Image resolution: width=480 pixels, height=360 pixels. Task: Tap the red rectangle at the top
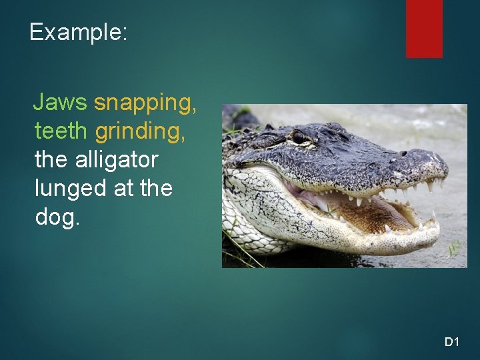point(424,28)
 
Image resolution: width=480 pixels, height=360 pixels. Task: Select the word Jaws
point(60,102)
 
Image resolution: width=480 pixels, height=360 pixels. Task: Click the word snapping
point(145,103)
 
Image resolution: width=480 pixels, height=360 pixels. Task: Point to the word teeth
point(60,131)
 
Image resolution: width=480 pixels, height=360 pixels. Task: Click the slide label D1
point(452,342)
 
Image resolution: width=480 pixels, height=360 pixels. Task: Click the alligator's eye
point(299,138)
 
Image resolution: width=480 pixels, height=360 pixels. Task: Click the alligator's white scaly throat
point(253,200)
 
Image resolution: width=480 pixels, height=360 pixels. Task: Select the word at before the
point(124,189)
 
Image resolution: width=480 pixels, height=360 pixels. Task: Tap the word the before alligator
point(49,160)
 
